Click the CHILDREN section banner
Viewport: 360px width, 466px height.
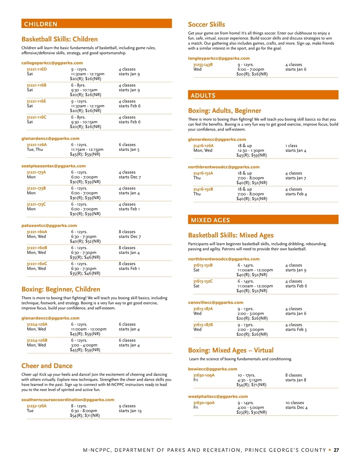coord(96,24)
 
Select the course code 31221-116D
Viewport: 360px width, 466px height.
coord(37,69)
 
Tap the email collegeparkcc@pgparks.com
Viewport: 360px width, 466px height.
coord(52,63)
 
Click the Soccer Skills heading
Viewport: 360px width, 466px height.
coord(206,25)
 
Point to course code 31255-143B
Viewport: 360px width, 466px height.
coord(203,65)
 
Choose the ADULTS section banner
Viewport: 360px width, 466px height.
coord(263,95)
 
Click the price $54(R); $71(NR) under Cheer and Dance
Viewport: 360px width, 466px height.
coord(85,416)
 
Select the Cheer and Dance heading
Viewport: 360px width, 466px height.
coord(47,366)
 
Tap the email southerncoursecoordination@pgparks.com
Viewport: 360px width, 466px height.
coord(68,400)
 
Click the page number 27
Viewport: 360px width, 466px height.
coord(336,450)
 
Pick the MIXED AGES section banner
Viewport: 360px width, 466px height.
coord(263,220)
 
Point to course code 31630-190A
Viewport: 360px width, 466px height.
coord(204,403)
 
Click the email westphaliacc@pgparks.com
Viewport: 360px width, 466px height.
coord(218,396)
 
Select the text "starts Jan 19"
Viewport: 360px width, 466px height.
coord(130,411)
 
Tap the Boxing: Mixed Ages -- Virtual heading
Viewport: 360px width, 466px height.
coord(231,350)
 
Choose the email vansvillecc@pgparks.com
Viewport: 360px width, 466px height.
coord(215,302)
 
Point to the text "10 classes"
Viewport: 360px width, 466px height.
coord(295,403)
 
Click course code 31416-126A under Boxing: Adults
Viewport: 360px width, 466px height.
coord(203,146)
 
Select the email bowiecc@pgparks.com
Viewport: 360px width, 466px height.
coord(212,369)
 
